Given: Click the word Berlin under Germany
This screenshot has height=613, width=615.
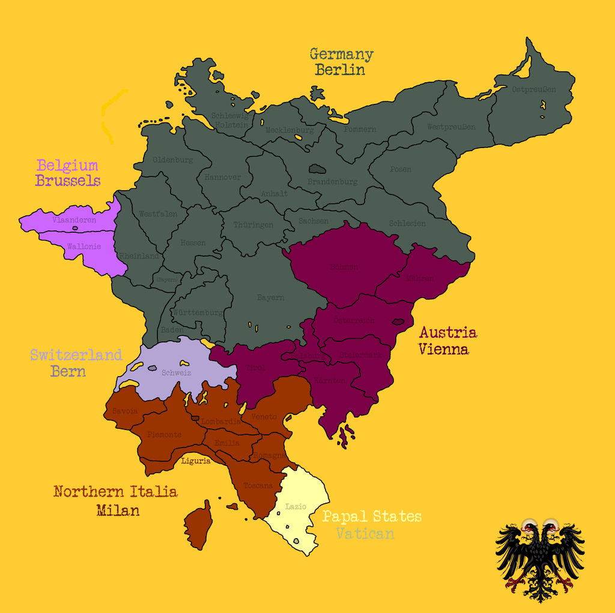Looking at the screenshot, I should [x=340, y=70].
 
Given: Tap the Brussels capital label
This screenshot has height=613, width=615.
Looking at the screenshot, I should [x=67, y=181].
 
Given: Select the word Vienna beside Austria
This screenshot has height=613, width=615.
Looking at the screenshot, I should [x=444, y=348].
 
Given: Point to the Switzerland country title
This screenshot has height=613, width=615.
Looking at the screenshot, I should [x=76, y=355].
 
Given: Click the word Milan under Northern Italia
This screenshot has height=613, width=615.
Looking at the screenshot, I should [x=118, y=510].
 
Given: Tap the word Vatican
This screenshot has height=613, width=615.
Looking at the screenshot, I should [x=365, y=533].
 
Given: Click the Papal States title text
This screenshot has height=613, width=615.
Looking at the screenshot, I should [x=372, y=516].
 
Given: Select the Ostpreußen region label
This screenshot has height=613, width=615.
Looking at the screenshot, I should [x=533, y=89].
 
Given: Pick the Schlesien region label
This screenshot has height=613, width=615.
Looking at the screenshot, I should [x=407, y=223].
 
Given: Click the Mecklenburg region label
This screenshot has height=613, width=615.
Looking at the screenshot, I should [x=289, y=130].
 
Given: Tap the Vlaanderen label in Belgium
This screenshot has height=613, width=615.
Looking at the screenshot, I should [x=74, y=220].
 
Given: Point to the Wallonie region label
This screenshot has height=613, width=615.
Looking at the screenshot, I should [x=83, y=247].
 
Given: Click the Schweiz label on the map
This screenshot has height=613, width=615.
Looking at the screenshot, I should [x=176, y=372].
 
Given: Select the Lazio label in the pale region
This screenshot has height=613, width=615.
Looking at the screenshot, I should [x=295, y=506].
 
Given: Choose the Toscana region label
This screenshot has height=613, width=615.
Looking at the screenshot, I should [x=258, y=485].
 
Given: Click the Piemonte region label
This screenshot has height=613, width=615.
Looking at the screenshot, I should [x=164, y=434].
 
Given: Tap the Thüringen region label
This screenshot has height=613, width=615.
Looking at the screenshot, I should [x=253, y=225].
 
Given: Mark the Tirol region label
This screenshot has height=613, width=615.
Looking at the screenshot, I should [x=255, y=368].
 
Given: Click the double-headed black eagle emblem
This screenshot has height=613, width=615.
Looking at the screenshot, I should [x=539, y=560].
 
